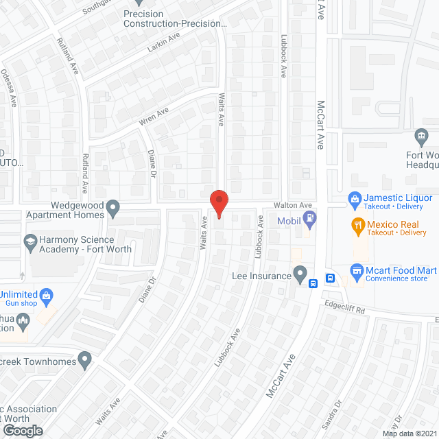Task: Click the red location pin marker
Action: click(x=218, y=203)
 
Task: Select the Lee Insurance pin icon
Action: click(x=300, y=274)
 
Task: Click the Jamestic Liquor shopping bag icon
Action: click(x=355, y=200)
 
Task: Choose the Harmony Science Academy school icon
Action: click(x=30, y=241)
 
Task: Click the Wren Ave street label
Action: click(x=154, y=117)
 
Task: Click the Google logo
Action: click(x=23, y=430)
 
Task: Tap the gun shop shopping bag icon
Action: click(x=46, y=297)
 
